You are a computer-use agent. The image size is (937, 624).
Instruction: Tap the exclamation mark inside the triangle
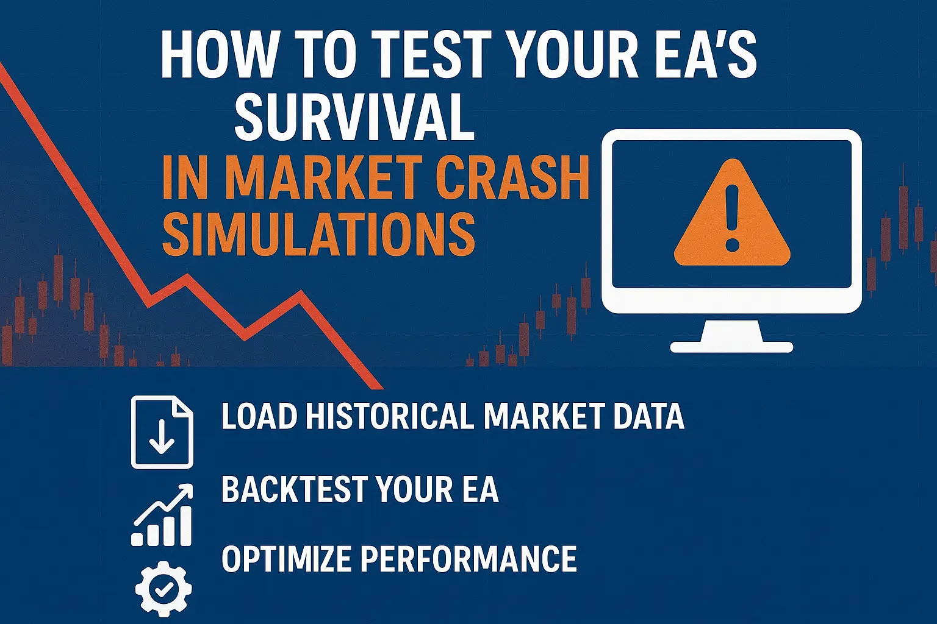[733, 216]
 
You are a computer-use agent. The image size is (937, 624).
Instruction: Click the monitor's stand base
[731, 346]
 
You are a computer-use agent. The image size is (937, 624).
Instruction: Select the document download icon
[162, 432]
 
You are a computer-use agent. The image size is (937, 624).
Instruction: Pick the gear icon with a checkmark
[163, 589]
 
